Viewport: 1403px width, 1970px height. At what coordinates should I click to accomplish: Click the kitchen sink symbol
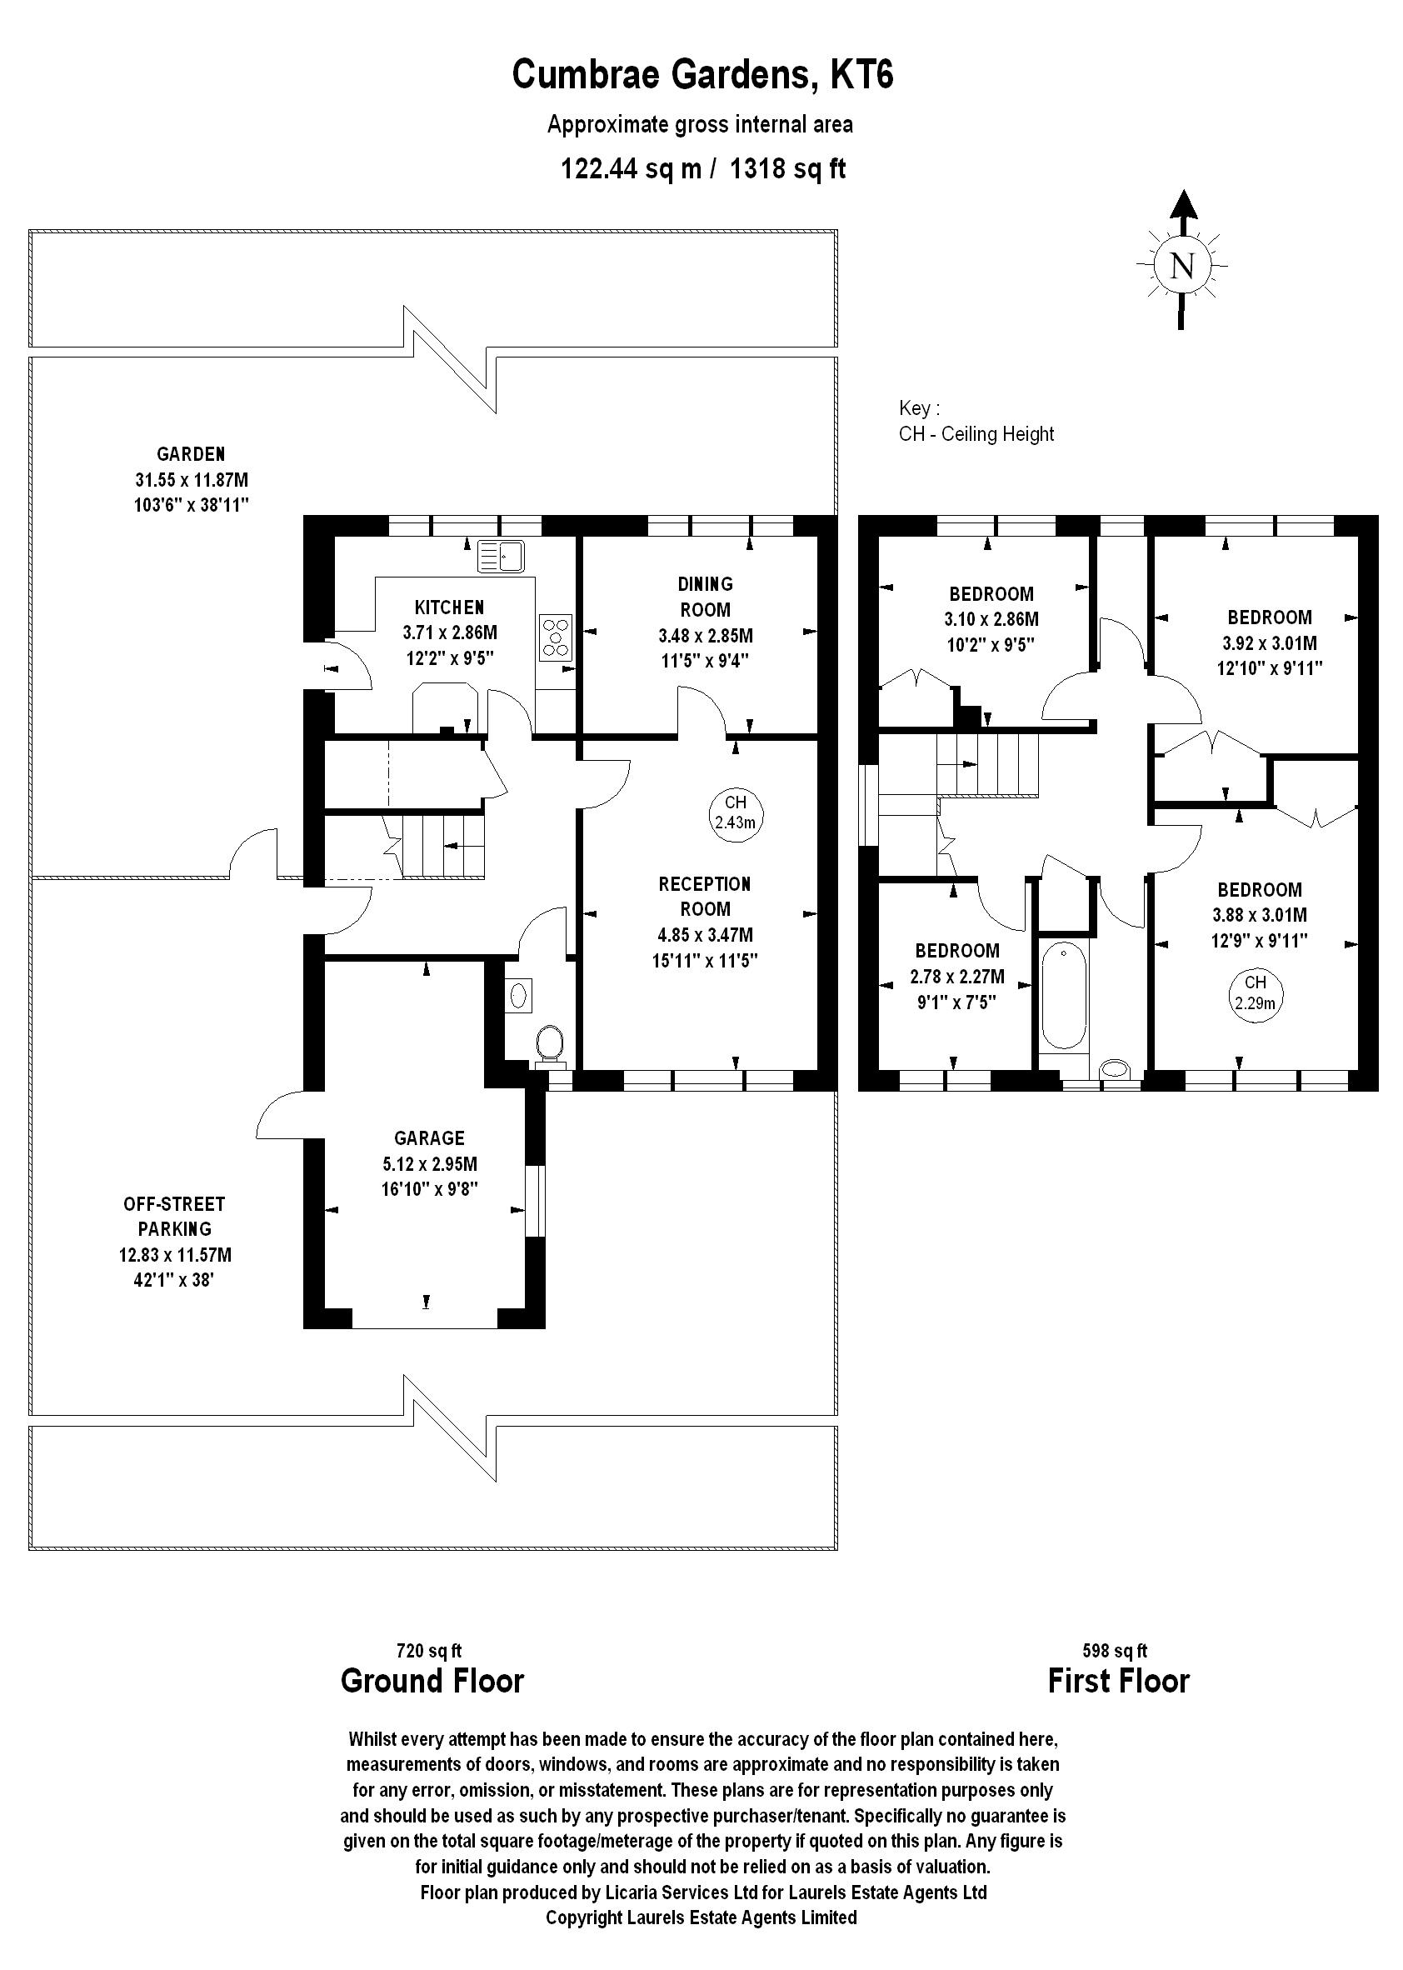[501, 557]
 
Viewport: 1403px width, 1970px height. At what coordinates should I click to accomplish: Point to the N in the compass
[1181, 265]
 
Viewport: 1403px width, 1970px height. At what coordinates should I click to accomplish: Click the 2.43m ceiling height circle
[735, 814]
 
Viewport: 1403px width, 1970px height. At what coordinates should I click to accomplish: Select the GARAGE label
[429, 1138]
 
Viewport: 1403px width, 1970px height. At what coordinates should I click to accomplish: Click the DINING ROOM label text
[706, 596]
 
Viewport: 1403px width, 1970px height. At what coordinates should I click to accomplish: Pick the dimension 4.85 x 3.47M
[705, 935]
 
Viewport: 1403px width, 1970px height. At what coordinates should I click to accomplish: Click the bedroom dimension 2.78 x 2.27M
[957, 977]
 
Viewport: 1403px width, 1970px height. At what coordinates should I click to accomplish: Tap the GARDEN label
[191, 453]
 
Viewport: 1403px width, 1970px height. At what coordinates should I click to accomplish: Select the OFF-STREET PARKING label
[174, 1216]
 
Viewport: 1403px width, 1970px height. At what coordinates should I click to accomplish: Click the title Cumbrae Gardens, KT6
[702, 74]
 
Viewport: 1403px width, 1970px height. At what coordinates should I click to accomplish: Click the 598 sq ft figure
[1116, 1651]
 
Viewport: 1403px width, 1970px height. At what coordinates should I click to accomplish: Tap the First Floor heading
[1119, 1682]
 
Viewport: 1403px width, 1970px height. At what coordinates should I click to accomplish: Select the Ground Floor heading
[433, 1682]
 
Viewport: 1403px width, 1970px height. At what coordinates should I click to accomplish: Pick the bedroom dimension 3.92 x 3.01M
[1270, 642]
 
